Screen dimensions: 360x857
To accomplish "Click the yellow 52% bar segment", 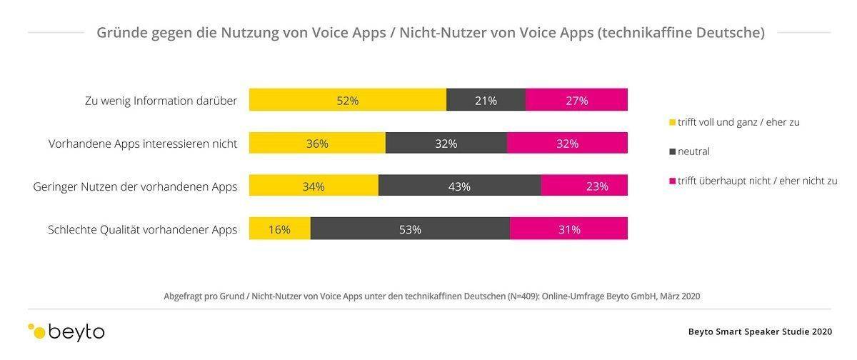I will [348, 100].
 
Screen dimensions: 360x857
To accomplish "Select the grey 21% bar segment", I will [486, 100].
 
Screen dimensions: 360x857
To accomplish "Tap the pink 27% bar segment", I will [576, 100].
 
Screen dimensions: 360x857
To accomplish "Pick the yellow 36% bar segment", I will [317, 143].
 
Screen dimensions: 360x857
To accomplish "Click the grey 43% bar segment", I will [459, 186].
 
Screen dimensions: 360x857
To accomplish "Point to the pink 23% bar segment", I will [584, 186].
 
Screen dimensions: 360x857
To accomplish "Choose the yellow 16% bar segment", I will [279, 229].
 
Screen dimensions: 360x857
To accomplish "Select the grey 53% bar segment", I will [410, 229].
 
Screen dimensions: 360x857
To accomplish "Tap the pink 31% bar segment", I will [569, 229].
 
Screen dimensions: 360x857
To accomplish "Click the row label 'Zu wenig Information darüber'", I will [161, 101].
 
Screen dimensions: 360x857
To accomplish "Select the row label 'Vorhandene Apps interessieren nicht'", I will [143, 144].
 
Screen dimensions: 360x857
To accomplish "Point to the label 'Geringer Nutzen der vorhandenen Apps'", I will [135, 186].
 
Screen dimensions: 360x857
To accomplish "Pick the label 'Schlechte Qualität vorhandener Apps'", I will [142, 229].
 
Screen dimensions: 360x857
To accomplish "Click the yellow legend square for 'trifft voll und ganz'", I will [671, 122].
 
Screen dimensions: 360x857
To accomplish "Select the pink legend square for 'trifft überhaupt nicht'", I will [671, 181].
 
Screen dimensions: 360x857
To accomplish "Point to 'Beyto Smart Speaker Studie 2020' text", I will [760, 331].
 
